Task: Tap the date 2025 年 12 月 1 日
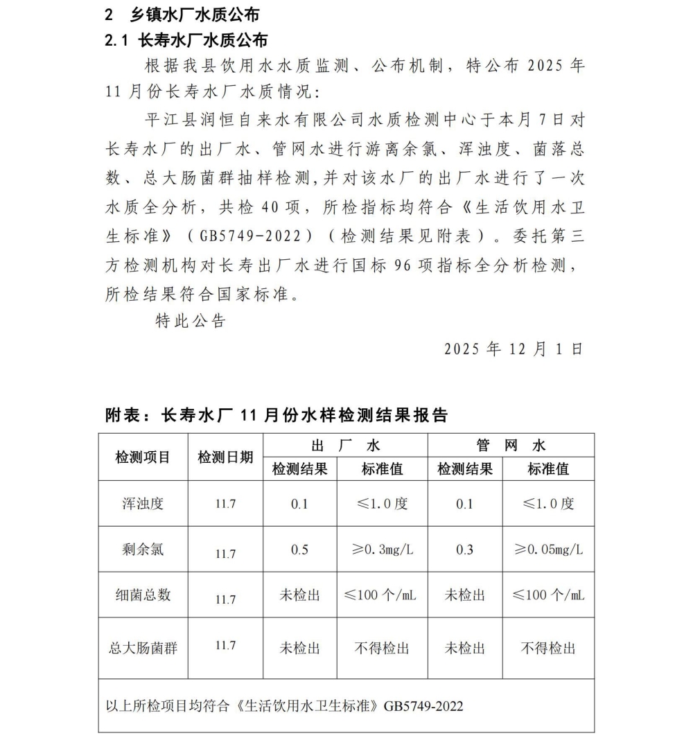coord(514,349)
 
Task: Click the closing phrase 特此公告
coord(191,321)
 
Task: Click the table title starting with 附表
coord(277,415)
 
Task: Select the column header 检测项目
coord(143,457)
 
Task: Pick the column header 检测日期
coord(225,457)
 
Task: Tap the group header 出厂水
coord(345,445)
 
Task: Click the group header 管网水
coord(511,445)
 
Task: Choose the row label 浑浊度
coord(143,504)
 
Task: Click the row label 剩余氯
coord(143,550)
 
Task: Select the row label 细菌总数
coord(143,595)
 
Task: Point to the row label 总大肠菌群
coord(143,648)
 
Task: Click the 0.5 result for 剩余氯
coord(299,550)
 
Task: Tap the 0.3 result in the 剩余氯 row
coord(464,550)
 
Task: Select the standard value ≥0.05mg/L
coord(548,550)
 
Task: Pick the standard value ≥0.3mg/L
coord(383,550)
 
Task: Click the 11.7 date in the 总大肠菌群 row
coord(225,645)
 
